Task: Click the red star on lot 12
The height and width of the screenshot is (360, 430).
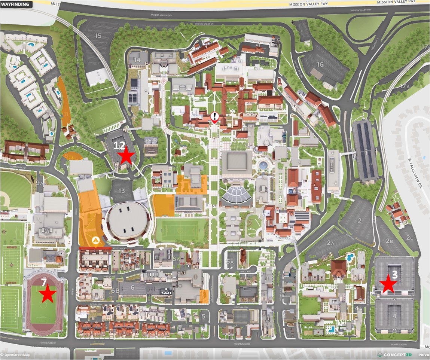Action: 126,156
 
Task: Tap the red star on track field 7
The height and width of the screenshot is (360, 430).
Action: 47,294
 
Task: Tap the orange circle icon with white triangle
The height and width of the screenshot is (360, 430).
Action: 95,240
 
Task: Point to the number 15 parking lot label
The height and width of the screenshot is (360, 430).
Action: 98,36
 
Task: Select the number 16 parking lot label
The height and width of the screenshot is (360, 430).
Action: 320,64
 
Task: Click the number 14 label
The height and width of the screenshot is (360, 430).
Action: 137,60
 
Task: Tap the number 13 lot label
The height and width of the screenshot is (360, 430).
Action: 122,191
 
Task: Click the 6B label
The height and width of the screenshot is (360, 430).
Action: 115,290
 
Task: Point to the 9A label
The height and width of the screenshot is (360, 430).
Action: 40,183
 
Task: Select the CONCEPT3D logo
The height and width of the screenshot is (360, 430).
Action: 395,355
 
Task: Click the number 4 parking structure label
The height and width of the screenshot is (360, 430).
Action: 394,316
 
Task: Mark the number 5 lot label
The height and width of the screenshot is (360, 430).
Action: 203,316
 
